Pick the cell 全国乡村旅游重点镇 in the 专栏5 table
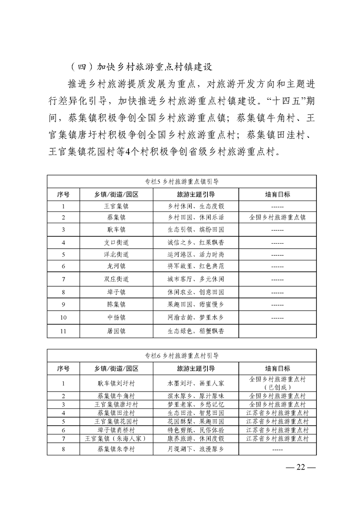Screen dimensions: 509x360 click(x=277, y=217)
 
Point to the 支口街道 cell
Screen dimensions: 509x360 click(x=116, y=243)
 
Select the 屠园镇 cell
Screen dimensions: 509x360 click(x=116, y=332)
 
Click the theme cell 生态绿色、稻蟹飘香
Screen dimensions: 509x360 click(x=195, y=332)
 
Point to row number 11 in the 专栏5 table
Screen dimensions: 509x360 click(x=64, y=332)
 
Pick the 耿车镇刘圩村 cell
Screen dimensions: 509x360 click(x=116, y=383)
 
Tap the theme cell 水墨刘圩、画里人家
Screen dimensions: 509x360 click(x=195, y=383)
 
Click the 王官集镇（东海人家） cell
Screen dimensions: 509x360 click(x=116, y=439)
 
